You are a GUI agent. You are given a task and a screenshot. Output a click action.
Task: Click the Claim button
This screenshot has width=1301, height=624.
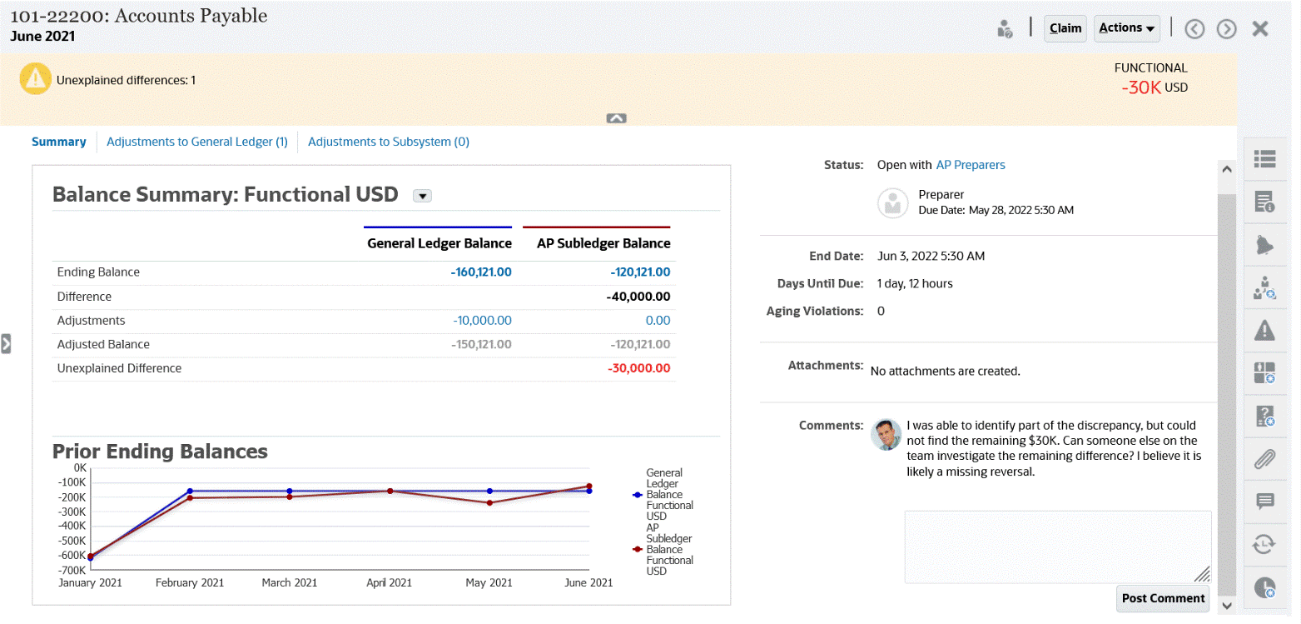tap(1065, 28)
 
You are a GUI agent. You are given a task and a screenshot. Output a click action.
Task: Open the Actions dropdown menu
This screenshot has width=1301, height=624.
tap(1127, 28)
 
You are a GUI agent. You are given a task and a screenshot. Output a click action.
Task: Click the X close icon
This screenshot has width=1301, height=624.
tap(1260, 29)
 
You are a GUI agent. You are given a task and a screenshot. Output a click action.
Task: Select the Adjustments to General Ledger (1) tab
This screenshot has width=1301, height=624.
tap(197, 142)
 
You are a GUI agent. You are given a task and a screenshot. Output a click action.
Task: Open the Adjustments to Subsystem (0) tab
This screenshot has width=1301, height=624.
tap(389, 142)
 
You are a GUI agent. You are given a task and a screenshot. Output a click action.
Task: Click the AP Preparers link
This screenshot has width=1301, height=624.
tap(971, 165)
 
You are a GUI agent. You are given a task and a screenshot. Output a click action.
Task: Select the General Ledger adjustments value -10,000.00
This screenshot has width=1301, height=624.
tap(482, 320)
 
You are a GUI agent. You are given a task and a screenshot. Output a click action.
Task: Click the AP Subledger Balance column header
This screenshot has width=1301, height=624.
tap(603, 243)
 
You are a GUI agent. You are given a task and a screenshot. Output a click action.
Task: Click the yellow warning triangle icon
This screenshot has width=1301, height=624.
tap(35, 79)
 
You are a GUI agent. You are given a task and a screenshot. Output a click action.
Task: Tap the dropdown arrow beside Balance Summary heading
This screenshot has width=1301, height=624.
tap(422, 196)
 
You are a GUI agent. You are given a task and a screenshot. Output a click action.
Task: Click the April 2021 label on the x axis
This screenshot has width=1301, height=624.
tap(390, 582)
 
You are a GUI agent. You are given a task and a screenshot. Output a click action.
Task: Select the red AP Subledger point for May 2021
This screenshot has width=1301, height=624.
tap(489, 502)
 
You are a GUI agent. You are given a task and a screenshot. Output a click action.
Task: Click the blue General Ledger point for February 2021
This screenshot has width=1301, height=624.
tap(190, 491)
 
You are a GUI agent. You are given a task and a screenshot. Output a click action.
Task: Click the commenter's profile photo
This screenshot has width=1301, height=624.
tap(886, 434)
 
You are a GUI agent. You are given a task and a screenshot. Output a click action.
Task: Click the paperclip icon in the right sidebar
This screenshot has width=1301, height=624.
tap(1264, 458)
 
